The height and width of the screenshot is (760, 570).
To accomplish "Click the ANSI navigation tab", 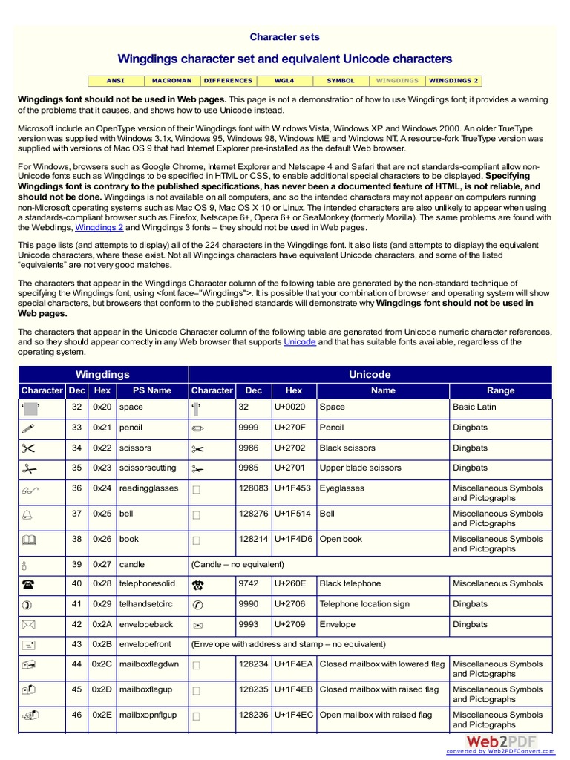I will [x=115, y=80].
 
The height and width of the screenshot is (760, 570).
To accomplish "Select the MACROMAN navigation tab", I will [x=171, y=80].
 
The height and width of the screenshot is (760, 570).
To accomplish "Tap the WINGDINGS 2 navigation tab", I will [x=453, y=80].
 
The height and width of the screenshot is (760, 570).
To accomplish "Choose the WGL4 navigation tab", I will [x=284, y=80].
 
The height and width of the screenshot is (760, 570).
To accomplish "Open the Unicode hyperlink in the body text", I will [x=300, y=342].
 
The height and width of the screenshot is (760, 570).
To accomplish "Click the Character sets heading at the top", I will [x=284, y=37].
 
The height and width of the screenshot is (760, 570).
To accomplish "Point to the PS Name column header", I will [x=151, y=390].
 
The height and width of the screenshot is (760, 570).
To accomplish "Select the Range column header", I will [x=500, y=390].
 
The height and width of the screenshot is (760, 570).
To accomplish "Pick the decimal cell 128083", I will [x=253, y=488].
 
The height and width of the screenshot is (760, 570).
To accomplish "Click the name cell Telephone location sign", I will [x=364, y=604].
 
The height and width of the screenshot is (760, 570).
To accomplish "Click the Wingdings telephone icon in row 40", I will [x=29, y=584].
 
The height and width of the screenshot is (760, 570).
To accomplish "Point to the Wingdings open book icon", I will [x=29, y=540].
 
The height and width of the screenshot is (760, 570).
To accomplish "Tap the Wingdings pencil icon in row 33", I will [x=29, y=427].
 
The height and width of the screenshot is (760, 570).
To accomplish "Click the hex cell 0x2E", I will [x=102, y=715].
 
